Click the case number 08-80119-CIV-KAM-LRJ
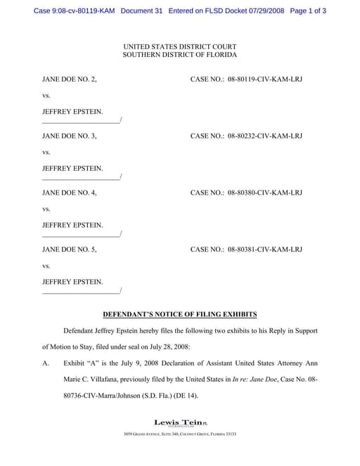[265, 79]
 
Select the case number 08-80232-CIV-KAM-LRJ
[265, 136]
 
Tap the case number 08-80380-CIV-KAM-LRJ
[265, 193]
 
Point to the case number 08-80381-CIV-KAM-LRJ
[265, 250]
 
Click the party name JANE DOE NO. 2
[70, 79]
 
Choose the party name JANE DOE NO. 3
[70, 136]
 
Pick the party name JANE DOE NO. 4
[70, 193]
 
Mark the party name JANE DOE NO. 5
[70, 250]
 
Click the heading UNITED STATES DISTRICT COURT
[180, 46]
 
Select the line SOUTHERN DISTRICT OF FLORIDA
[180, 54]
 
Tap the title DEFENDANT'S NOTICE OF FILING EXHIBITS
[180, 314]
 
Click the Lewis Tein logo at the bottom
[180, 422]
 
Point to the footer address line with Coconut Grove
[180, 434]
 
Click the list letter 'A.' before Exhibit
[46, 364]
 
